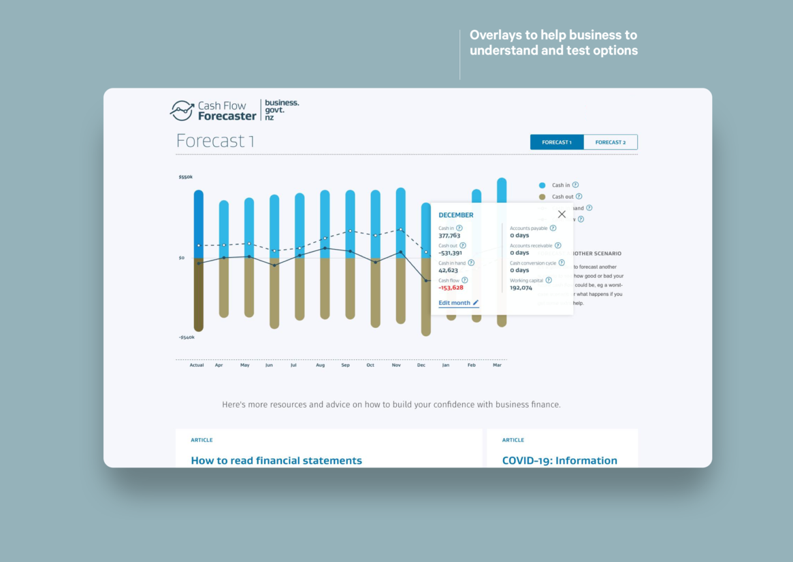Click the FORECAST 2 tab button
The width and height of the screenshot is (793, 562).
click(x=610, y=142)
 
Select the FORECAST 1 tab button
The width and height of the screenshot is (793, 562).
click(x=557, y=142)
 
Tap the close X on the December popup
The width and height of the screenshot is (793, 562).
click(x=562, y=214)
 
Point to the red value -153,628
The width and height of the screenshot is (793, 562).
click(x=451, y=288)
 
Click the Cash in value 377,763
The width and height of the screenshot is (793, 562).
click(x=449, y=236)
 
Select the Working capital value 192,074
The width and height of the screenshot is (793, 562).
click(x=521, y=288)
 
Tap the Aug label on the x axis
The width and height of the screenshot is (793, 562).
click(x=320, y=365)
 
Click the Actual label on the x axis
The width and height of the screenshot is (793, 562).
click(x=197, y=365)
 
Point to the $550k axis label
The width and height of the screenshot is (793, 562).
click(x=186, y=177)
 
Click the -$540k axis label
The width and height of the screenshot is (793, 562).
click(x=187, y=337)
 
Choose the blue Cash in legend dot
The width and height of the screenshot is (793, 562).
click(x=543, y=185)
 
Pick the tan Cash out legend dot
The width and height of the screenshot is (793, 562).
click(x=543, y=197)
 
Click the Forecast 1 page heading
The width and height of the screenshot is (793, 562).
click(x=215, y=141)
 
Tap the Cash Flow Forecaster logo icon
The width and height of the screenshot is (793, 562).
click(x=182, y=110)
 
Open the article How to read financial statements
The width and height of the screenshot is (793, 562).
click(x=276, y=461)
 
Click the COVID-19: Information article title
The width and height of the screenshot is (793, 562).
click(x=560, y=461)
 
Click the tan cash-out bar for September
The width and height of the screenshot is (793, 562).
click(x=350, y=288)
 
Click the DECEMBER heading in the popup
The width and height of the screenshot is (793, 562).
click(x=456, y=215)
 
